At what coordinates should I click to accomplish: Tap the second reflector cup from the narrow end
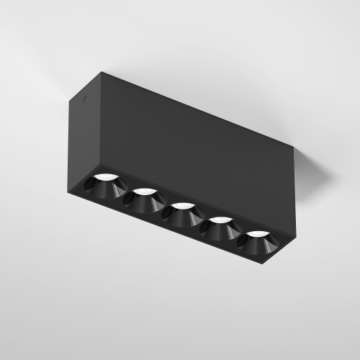point(144,199)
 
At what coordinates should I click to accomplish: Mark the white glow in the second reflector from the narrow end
point(145,192)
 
